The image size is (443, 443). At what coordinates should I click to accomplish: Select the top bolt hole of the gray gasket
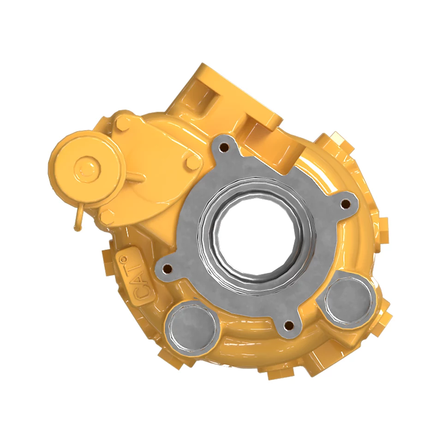coord(225,147)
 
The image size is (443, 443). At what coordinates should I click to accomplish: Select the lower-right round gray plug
coord(347,298)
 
